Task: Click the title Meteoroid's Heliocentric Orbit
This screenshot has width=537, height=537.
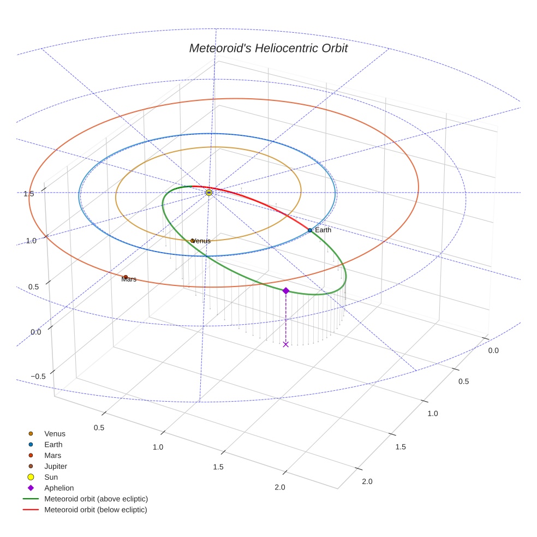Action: [268, 48]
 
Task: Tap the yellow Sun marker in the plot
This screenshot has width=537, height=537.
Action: [209, 193]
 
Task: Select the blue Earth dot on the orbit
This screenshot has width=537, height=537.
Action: [309, 230]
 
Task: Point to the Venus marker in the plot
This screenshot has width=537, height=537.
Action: [192, 241]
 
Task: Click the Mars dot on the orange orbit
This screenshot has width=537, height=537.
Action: [126, 277]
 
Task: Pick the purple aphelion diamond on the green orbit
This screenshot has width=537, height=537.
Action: [285, 291]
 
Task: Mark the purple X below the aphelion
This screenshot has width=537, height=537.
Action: [285, 344]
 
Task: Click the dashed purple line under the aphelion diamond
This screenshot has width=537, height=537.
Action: [285, 319]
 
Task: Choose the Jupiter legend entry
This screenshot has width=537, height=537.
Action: [55, 466]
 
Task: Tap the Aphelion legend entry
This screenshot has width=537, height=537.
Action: [58, 488]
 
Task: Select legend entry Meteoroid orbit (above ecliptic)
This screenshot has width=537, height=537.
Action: [96, 499]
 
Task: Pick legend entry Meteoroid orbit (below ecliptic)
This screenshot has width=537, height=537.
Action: [96, 510]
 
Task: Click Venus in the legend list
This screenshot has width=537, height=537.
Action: [55, 434]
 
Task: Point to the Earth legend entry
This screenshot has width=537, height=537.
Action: [53, 445]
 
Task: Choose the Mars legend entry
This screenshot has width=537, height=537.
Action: [52, 455]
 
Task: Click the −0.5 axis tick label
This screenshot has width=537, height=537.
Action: [38, 377]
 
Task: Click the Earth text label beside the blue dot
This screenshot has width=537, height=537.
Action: [323, 230]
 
